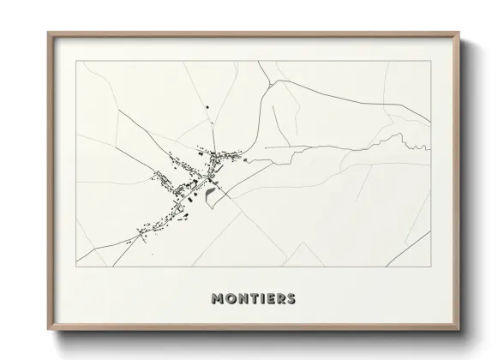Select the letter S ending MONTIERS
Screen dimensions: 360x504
pos(291,299)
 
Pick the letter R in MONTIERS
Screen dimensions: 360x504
pos(280,299)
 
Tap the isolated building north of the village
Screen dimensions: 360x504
pos(207,106)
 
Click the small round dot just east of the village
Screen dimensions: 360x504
pos(244,159)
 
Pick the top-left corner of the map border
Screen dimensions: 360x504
pos(76,63)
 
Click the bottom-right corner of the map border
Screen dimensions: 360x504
pos(429,267)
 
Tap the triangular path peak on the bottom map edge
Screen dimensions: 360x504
pos(299,243)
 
